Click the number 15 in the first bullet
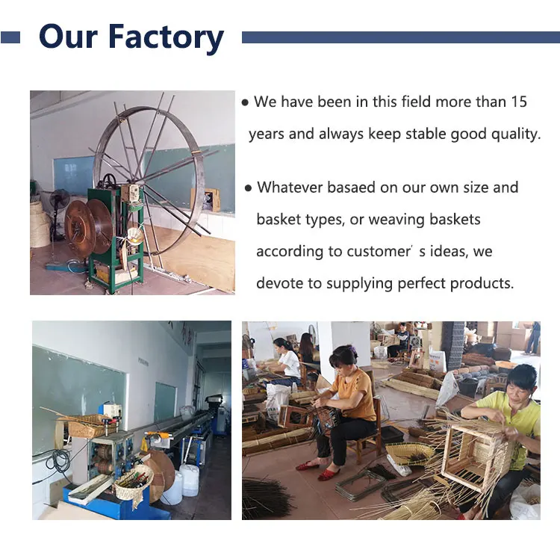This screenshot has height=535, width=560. point(519,102)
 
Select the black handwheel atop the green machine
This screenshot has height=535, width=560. point(110,181)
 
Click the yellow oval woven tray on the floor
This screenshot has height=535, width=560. point(411,451)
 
